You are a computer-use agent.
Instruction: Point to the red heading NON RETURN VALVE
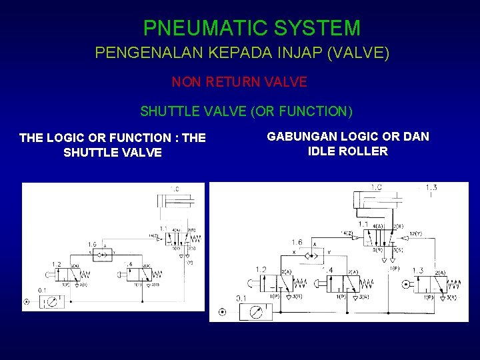point(239,82)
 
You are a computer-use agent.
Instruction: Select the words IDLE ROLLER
point(347,151)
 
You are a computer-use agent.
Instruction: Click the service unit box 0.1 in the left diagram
point(51,301)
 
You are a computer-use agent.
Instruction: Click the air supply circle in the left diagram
point(26,302)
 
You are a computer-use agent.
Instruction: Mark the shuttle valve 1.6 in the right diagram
point(313,253)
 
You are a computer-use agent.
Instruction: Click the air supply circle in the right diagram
point(222,312)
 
